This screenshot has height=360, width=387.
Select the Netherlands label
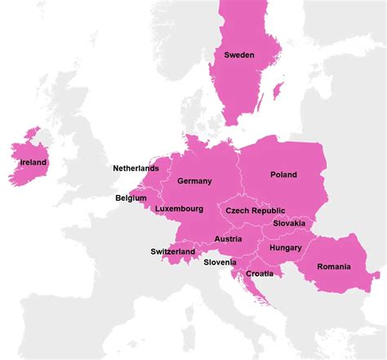point(136,168)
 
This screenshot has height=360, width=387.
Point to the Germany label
point(194,181)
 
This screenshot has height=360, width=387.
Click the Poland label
point(283,175)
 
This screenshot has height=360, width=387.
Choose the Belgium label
point(131,198)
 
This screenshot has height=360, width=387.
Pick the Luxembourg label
point(179,209)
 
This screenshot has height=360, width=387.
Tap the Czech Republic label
point(256,211)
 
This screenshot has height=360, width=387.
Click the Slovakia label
point(289,223)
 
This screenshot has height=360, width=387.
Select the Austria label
point(228,239)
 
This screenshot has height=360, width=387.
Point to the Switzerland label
point(173,251)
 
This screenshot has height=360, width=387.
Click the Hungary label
point(285,247)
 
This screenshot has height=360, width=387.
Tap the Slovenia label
point(220,262)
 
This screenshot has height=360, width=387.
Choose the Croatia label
point(260,273)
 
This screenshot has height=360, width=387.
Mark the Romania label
point(333,266)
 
